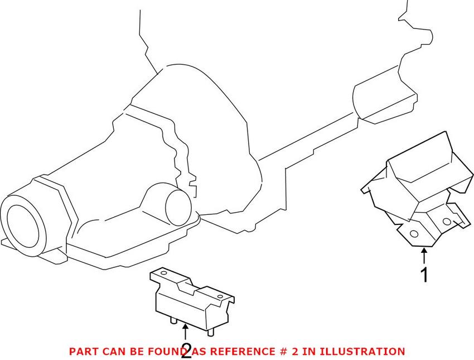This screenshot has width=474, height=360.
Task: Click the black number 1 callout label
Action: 425,275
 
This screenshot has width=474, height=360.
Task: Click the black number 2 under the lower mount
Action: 186,350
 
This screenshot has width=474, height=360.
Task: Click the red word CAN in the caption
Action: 111,352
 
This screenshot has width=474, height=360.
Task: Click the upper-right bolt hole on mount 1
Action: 446,221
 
